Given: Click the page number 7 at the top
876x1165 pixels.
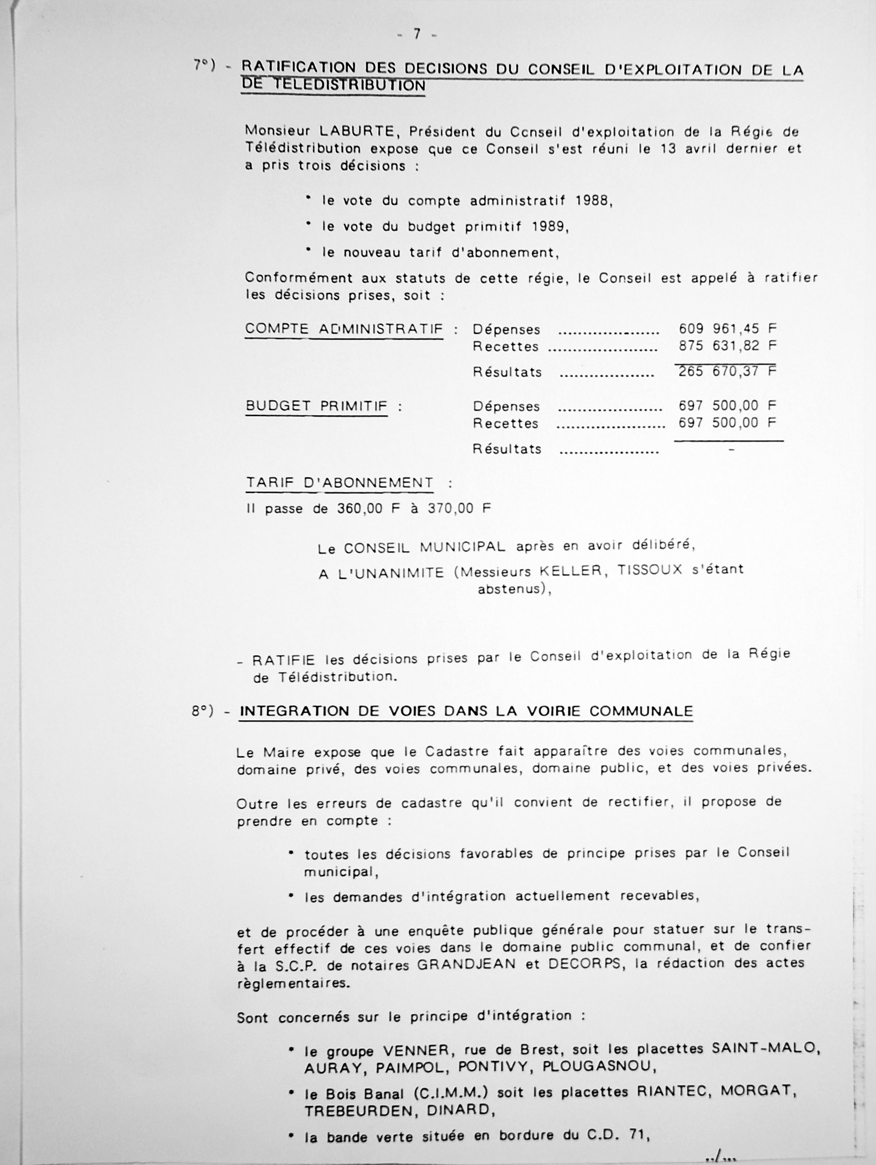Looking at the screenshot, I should (x=417, y=34).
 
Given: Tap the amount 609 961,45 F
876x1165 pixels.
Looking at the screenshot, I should (x=728, y=328).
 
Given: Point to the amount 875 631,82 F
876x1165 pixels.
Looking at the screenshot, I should (x=728, y=346).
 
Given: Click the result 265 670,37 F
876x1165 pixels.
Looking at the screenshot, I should (x=728, y=371).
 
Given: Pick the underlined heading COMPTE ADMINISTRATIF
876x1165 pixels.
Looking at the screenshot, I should (x=344, y=329).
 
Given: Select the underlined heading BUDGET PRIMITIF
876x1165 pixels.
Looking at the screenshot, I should (x=316, y=406).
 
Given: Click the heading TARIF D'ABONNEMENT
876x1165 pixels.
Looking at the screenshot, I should (x=340, y=483).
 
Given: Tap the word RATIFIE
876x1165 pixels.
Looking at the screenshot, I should (x=284, y=660).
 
